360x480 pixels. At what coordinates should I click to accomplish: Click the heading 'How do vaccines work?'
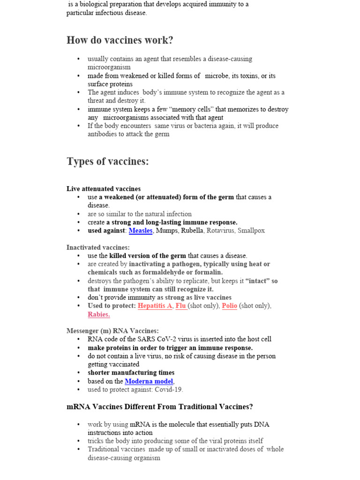click(x=120, y=40)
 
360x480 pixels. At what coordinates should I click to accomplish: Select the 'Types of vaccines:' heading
click(x=107, y=162)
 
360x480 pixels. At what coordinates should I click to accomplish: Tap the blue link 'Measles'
click(x=141, y=231)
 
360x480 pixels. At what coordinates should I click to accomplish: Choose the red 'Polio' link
click(x=229, y=306)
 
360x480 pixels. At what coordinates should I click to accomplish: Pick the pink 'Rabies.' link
click(x=99, y=314)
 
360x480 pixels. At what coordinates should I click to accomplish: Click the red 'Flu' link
click(x=181, y=306)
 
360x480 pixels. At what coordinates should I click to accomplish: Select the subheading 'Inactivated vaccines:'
click(x=98, y=247)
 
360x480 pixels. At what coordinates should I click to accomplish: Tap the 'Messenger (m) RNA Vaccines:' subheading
click(x=112, y=330)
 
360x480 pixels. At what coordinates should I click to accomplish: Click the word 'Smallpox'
click(x=251, y=231)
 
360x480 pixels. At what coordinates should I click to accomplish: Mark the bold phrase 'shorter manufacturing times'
click(x=131, y=373)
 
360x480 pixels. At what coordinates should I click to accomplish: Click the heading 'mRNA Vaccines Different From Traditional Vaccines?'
click(x=159, y=407)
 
